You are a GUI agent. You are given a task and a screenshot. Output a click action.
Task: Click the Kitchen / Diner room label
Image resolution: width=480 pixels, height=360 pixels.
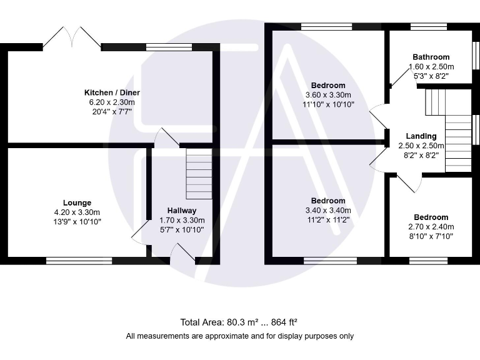click(112, 92)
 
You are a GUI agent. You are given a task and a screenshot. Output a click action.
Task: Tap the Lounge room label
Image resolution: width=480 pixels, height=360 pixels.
click(77, 202)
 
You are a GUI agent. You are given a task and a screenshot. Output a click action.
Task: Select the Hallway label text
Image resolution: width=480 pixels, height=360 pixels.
click(182, 211)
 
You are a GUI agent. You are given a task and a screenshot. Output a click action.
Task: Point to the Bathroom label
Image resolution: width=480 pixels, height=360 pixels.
click(431, 57)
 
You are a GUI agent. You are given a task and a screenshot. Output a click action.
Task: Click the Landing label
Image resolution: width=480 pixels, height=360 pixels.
click(421, 136)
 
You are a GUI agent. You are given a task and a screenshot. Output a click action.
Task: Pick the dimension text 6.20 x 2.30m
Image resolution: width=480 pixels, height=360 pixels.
click(112, 102)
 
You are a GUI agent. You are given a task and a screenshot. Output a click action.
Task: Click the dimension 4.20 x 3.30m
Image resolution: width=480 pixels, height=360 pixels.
click(77, 212)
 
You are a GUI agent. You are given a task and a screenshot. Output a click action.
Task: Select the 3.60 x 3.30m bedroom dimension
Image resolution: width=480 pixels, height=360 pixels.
click(328, 95)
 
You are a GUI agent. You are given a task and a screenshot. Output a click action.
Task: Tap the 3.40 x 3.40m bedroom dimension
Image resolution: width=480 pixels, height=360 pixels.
click(328, 211)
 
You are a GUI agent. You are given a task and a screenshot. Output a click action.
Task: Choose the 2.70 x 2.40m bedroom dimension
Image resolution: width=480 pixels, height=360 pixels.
click(431, 227)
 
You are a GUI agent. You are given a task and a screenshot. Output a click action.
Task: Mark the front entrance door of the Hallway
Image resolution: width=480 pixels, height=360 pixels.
click(183, 254)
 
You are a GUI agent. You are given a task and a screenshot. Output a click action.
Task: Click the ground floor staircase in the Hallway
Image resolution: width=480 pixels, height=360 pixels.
click(199, 173)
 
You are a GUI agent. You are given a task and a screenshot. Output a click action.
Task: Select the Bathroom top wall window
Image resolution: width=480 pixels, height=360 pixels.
click(429, 27)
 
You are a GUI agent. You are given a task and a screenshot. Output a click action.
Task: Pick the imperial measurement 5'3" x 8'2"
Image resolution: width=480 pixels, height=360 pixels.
click(431, 76)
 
